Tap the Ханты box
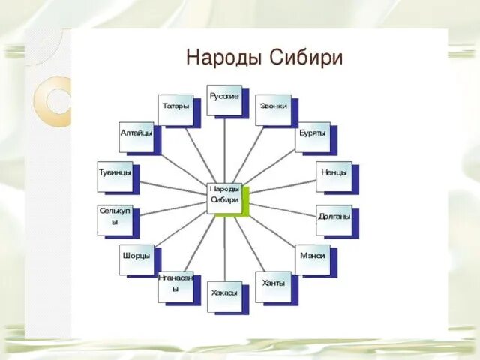[x=273, y=286]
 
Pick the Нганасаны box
[x=175, y=286]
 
